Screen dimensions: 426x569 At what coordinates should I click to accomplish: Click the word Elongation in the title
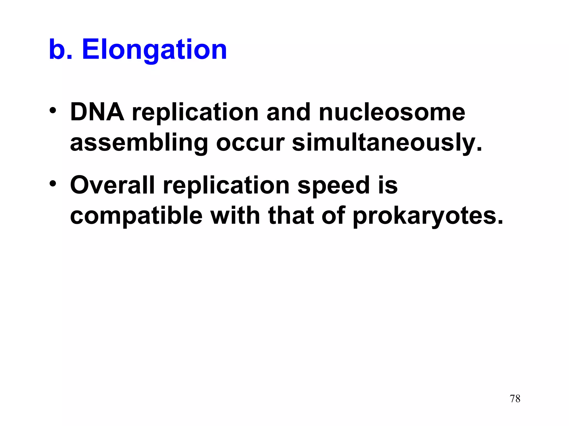pos(154,50)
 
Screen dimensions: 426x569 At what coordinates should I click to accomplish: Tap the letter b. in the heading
pos(61,50)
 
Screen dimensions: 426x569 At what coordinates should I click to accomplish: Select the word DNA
pos(97,112)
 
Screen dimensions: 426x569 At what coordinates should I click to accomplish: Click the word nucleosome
pos(392,112)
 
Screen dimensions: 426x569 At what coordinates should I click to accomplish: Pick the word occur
pos(250,143)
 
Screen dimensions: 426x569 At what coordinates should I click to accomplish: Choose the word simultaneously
pos(387,143)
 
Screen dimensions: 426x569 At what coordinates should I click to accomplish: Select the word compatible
pos(136,216)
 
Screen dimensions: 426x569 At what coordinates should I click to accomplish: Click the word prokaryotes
pos(428,216)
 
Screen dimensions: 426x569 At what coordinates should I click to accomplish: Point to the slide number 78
pos(515,399)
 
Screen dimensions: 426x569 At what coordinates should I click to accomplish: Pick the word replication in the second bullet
pos(226,185)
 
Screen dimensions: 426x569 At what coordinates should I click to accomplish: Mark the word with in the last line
pos(235,216)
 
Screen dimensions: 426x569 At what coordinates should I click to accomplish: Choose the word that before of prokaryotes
pos(291,216)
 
